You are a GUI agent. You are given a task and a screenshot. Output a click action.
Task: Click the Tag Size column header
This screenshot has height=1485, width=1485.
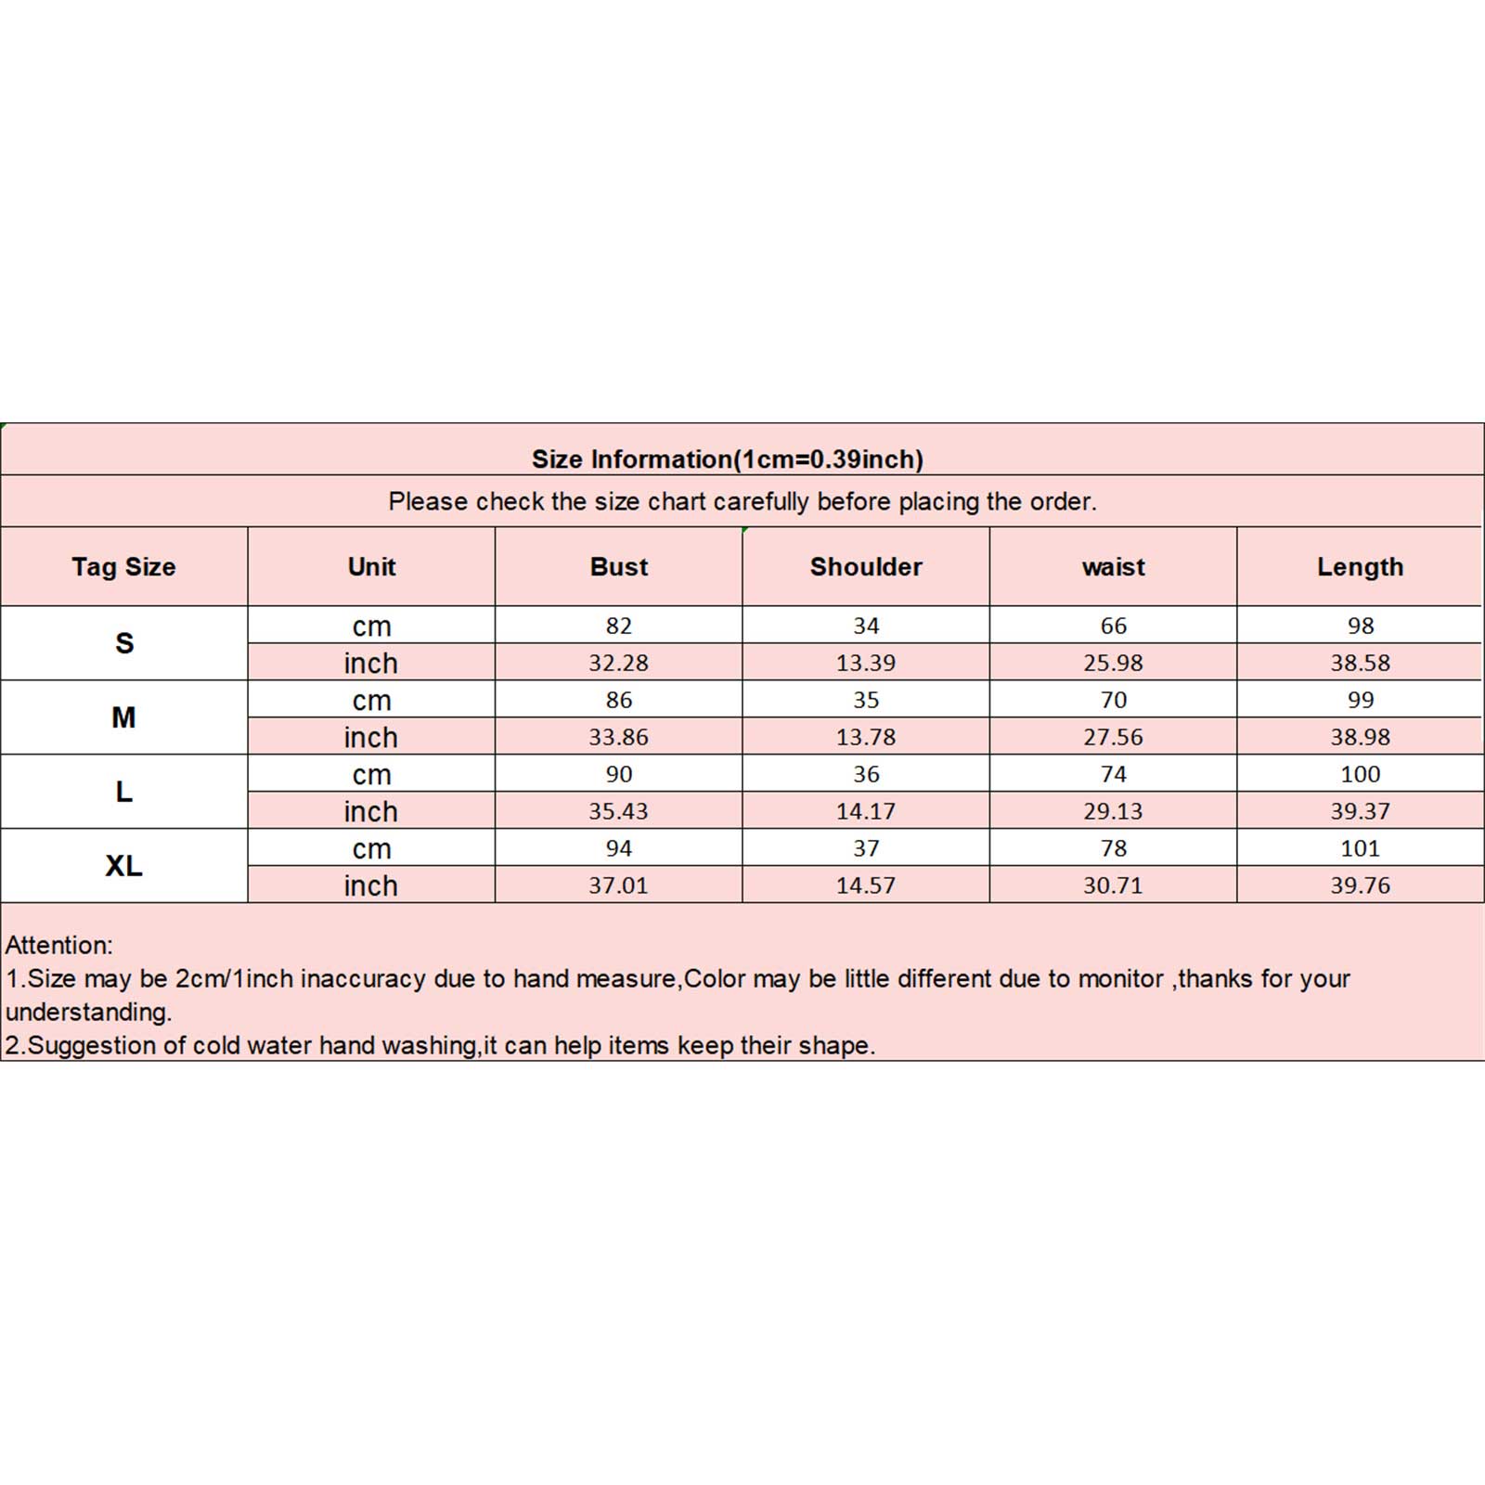123,567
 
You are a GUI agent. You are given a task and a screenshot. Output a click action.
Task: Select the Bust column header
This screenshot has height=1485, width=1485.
619,567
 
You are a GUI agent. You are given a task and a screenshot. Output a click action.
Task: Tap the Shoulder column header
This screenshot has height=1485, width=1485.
866,567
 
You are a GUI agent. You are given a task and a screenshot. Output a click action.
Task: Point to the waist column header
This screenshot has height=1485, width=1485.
1113,567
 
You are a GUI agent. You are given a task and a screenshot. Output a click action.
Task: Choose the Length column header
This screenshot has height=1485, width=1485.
1360,567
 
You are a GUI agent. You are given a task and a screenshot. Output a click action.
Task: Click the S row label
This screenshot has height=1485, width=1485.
124,643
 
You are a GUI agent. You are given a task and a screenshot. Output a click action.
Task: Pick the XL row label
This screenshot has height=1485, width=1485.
123,866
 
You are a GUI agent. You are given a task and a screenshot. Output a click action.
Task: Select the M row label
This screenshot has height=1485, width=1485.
123,717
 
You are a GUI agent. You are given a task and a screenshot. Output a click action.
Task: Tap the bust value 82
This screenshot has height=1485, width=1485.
619,626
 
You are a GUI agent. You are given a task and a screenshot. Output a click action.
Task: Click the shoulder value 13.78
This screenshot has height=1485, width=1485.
866,737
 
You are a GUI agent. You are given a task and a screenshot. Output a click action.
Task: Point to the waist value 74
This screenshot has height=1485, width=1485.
1113,774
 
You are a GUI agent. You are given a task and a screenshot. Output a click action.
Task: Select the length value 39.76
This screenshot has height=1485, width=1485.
1360,885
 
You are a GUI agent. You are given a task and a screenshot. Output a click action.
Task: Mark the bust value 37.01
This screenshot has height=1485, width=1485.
619,885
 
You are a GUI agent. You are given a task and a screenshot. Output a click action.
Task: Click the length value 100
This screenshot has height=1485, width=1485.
1360,774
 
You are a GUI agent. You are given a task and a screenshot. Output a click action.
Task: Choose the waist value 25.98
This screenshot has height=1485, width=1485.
1113,663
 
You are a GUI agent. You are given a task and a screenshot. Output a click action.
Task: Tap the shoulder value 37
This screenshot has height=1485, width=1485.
866,848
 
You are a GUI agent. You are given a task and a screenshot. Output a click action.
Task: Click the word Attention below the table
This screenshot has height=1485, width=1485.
58,946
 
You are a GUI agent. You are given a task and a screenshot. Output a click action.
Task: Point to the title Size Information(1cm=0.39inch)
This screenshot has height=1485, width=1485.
727,459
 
